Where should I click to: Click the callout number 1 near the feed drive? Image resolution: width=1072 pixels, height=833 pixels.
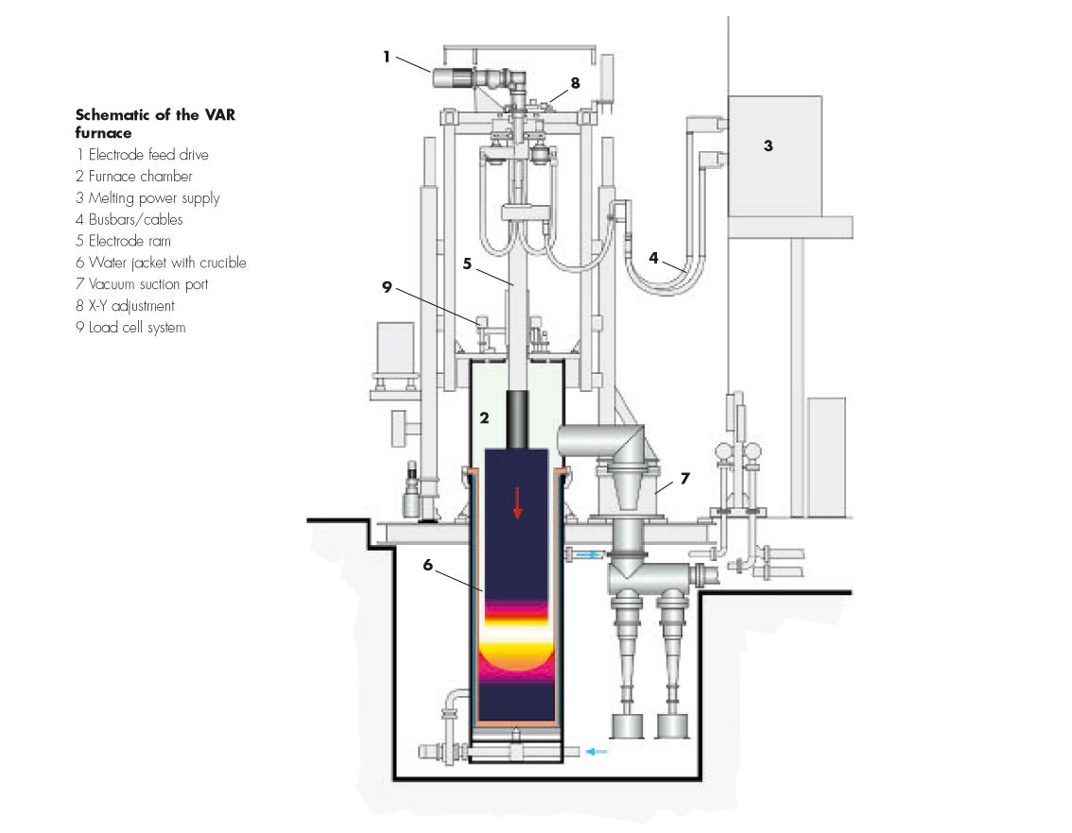click(387, 57)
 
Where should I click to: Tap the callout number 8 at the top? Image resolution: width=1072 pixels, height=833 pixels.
click(575, 83)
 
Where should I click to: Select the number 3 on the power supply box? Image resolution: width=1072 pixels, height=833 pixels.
click(769, 146)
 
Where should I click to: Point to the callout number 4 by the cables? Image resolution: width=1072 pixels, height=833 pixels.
click(653, 256)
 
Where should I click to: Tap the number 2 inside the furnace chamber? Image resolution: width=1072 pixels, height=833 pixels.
click(484, 416)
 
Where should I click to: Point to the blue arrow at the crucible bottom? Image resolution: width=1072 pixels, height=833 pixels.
click(595, 751)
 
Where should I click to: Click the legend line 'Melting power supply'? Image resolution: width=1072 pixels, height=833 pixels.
click(147, 198)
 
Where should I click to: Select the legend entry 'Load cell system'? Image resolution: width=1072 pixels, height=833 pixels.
click(130, 328)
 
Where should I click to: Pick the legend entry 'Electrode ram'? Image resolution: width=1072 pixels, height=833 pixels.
click(123, 241)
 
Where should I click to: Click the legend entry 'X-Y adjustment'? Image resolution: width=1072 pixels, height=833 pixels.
click(125, 306)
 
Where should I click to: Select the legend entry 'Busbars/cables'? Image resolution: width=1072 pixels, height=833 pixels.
click(129, 220)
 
